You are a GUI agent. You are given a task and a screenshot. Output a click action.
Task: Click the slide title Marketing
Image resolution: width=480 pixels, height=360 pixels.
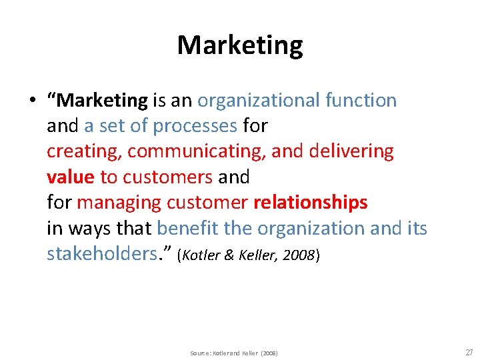[x=240, y=45]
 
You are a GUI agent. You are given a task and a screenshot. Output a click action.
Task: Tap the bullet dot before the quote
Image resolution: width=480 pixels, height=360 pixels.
[x=31, y=101]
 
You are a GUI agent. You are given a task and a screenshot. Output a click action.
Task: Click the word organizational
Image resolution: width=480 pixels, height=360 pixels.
[x=259, y=101]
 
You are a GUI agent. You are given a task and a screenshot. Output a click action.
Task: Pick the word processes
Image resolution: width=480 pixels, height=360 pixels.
[x=195, y=126]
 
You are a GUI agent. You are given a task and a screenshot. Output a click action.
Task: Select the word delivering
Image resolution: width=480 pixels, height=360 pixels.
[x=351, y=151]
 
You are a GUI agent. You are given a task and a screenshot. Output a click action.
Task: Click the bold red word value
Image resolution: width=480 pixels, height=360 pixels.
[x=70, y=177]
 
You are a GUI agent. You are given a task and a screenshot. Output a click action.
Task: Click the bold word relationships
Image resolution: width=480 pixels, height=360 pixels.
[x=310, y=202]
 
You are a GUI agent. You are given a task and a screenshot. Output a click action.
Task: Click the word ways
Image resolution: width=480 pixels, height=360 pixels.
[x=89, y=228]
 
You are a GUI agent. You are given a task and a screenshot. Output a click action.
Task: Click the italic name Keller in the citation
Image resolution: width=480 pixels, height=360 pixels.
[x=257, y=256]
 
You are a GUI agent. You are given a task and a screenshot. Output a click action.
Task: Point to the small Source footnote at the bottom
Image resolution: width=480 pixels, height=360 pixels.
[x=233, y=352]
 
